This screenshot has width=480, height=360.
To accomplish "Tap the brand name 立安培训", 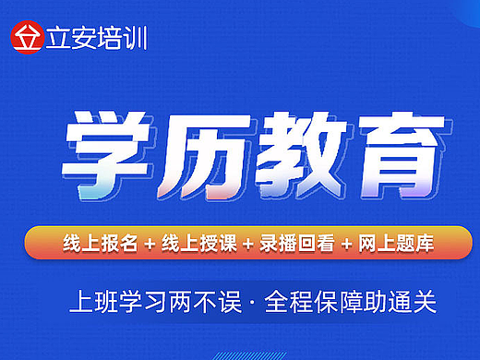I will (x=95, y=39).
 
